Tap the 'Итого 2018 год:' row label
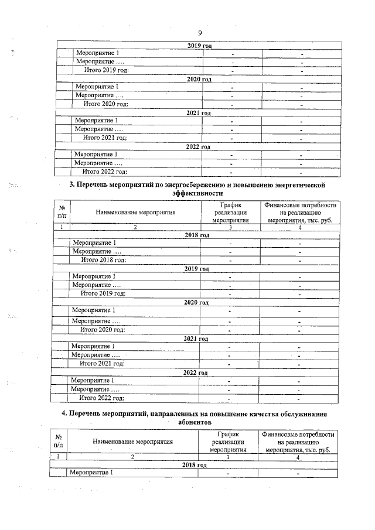(x=103, y=259)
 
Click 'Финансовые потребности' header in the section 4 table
(x=299, y=435)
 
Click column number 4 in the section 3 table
(x=299, y=227)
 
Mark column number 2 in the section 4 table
(x=132, y=457)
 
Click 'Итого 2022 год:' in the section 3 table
(x=102, y=398)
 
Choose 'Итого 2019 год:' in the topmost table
(x=106, y=71)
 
